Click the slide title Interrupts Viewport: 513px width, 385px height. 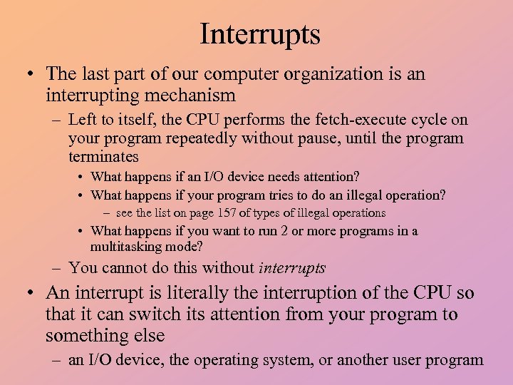[x=260, y=34]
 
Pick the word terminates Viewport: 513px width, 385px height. [x=103, y=156]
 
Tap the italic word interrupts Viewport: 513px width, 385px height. [x=292, y=268]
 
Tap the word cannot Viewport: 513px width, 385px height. [x=125, y=268]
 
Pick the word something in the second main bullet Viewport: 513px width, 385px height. [x=81, y=335]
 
